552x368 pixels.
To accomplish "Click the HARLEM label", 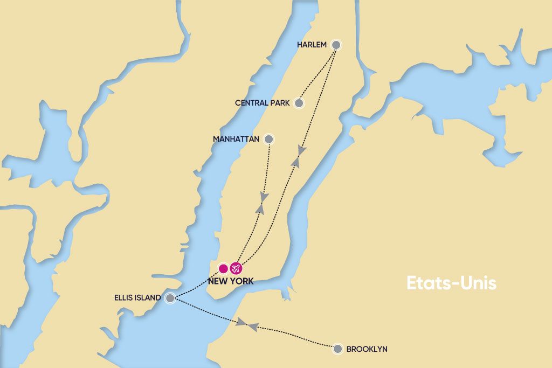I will (312, 45).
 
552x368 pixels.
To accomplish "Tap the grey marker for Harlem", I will (336, 45).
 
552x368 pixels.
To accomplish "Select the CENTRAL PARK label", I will (263, 103).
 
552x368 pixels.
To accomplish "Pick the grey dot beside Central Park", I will (299, 103).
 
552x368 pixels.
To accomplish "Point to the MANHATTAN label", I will (237, 139).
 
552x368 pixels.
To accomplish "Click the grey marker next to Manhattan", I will (269, 139).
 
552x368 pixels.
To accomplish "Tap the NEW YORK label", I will (230, 281).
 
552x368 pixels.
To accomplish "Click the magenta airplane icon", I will (236, 268).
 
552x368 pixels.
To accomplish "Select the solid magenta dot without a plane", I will (223, 268).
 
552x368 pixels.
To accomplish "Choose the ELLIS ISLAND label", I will (137, 297).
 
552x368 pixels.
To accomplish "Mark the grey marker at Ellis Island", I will (170, 297).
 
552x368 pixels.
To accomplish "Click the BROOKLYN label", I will (367, 349).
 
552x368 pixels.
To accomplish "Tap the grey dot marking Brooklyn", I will (338, 349).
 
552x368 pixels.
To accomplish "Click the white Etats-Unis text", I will (451, 283).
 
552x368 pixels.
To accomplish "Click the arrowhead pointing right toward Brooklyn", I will (242, 322).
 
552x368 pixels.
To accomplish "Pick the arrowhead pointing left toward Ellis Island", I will (253, 327).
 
